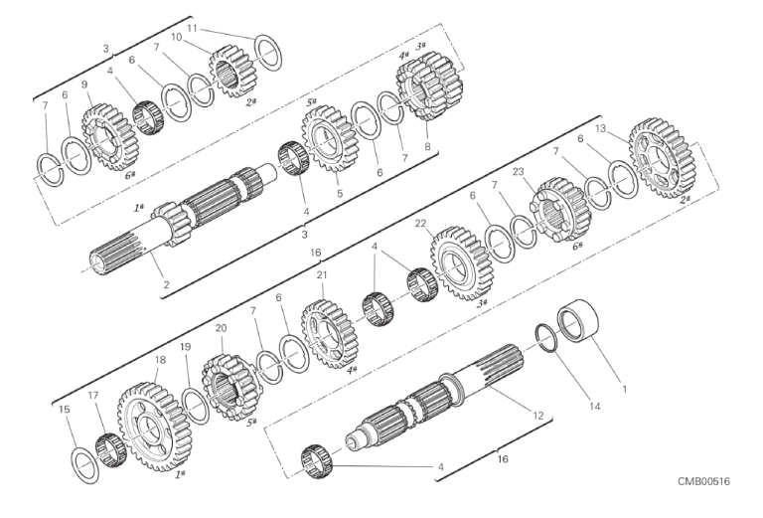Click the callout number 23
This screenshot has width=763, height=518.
519,172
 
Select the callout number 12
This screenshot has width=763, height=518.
537,416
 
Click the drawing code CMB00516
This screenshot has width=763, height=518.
703,481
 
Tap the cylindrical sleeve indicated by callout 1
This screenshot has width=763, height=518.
578,321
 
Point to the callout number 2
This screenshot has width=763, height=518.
167,284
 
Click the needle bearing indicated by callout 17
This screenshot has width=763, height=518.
111,449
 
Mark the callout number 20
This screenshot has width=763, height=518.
221,329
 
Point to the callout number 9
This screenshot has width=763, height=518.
84,85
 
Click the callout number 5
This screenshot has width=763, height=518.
340,193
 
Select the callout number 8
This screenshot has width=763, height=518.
427,146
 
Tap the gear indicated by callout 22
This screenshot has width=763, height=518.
461,262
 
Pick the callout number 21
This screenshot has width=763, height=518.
322,275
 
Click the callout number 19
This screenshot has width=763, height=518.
186,347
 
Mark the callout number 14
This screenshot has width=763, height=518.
595,406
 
